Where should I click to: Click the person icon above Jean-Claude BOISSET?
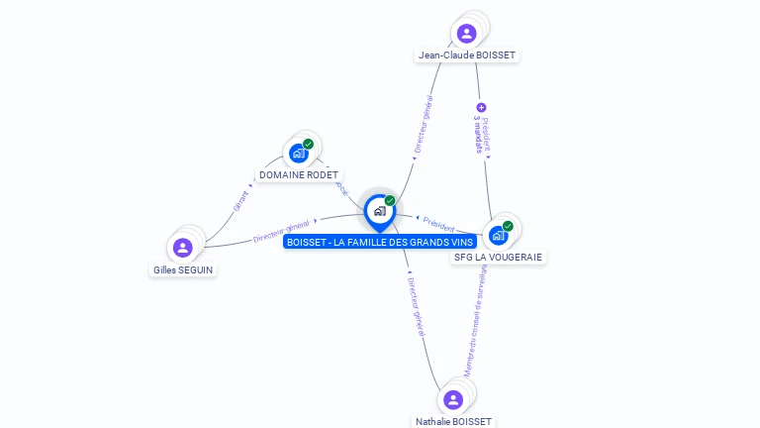click(466, 34)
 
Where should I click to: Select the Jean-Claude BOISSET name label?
click(467, 55)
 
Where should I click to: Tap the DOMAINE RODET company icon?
click(298, 154)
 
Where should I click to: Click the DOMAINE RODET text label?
click(299, 175)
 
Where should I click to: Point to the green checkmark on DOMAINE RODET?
click(309, 145)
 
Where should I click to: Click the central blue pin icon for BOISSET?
click(379, 211)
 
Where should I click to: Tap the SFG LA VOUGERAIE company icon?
click(498, 236)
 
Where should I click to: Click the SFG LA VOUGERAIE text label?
click(499, 258)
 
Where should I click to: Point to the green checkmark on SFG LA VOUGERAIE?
click(508, 226)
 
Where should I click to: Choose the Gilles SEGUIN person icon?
click(182, 248)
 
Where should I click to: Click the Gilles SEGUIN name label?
click(183, 269)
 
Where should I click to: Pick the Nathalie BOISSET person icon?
click(453, 399)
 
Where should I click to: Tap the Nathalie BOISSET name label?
click(454, 421)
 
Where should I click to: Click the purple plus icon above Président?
click(482, 107)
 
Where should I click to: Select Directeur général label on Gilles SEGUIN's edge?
click(281, 231)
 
